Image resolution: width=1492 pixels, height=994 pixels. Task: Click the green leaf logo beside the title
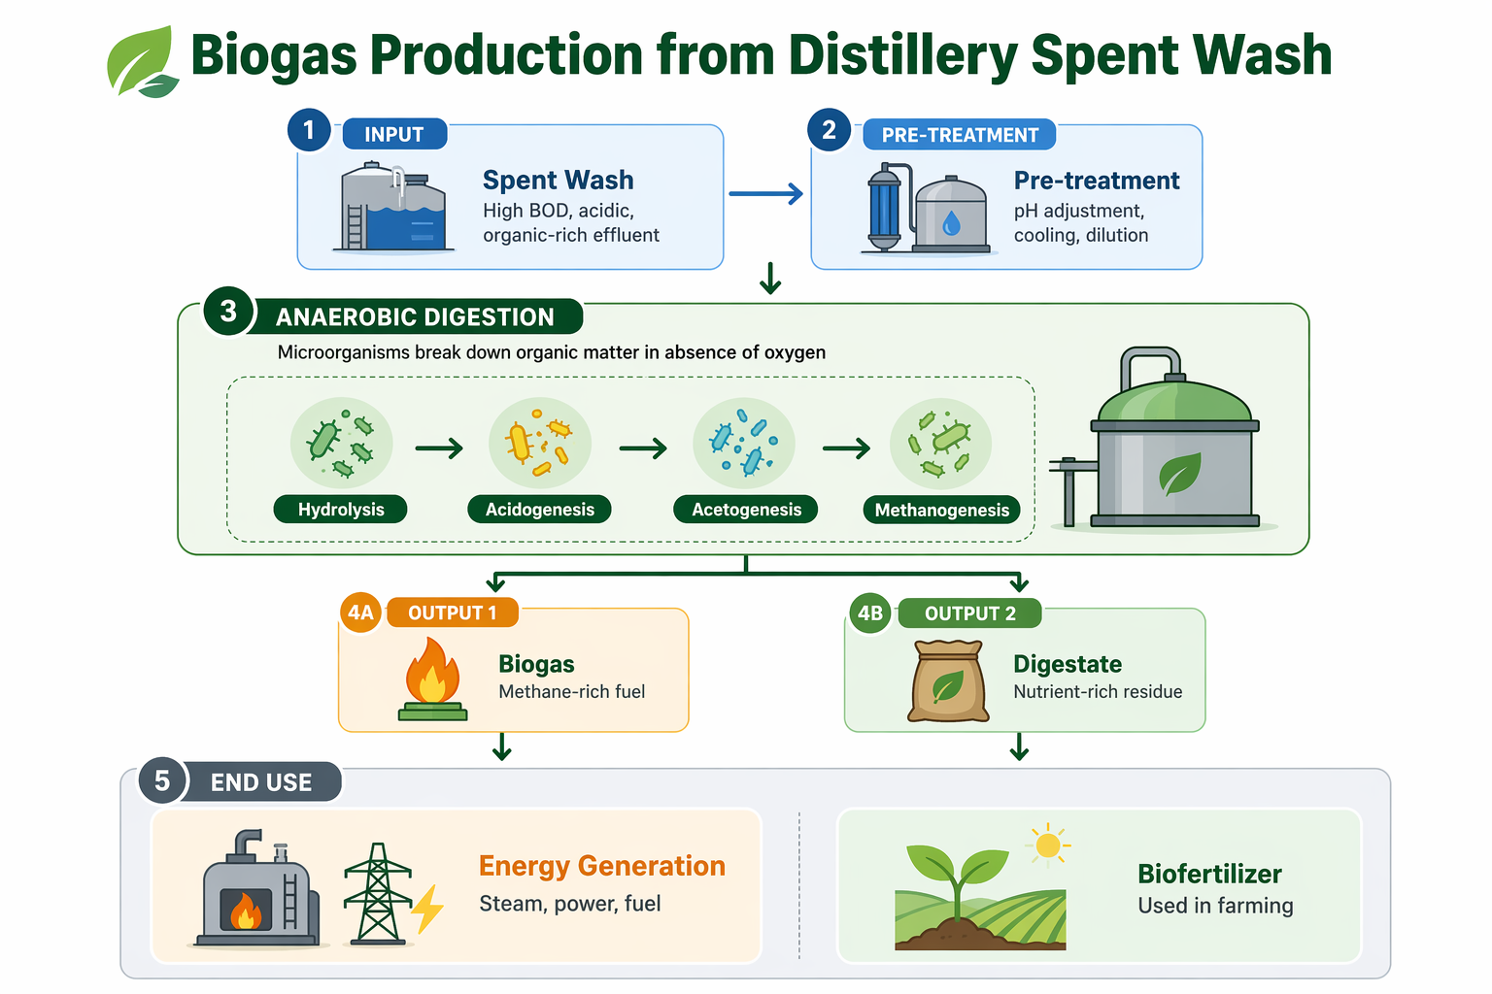pyautogui.click(x=142, y=63)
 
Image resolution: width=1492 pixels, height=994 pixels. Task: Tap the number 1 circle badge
pyautogui.click(x=309, y=130)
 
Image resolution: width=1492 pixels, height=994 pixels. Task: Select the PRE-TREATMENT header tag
pyautogui.click(x=959, y=135)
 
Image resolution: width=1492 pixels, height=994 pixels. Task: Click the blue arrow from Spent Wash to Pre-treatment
pyautogui.click(x=765, y=194)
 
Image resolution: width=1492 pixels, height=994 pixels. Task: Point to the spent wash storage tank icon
pyautogui.click(x=392, y=208)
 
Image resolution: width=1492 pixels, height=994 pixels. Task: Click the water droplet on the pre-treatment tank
pyautogui.click(x=951, y=224)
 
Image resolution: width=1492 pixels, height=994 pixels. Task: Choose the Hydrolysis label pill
pyautogui.click(x=341, y=510)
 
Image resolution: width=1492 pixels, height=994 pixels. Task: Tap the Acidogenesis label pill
pyautogui.click(x=539, y=510)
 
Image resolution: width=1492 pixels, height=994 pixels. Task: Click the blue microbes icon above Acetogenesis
pyautogui.click(x=743, y=443)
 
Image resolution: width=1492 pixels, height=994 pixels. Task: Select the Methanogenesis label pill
pyautogui.click(x=941, y=510)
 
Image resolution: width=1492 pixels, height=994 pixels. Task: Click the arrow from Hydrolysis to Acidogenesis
pyautogui.click(x=439, y=448)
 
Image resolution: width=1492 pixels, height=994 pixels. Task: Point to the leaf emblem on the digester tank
pyautogui.click(x=1179, y=475)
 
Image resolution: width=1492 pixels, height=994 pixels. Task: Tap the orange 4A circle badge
pyautogui.click(x=360, y=613)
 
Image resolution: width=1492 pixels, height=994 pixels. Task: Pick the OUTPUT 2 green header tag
pyautogui.click(x=969, y=613)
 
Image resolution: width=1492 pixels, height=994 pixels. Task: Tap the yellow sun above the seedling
pyautogui.click(x=1047, y=845)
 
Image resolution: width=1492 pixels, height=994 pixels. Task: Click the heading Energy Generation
pyautogui.click(x=602, y=866)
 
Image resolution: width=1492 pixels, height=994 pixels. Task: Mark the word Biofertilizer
pyautogui.click(x=1209, y=874)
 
